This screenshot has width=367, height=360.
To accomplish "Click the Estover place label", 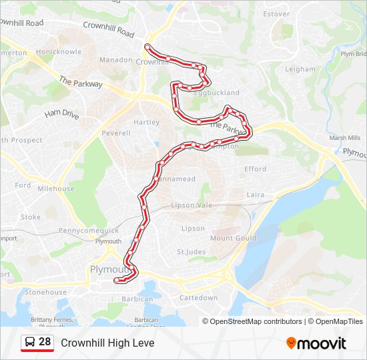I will click(276, 14).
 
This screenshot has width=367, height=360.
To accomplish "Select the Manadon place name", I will click(116, 60).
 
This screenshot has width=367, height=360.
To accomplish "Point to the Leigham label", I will click(300, 69).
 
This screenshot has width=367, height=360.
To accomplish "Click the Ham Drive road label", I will click(62, 115).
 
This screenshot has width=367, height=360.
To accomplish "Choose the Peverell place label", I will click(115, 133).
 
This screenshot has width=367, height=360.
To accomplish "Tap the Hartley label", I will click(146, 123).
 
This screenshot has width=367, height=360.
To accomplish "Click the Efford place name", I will click(255, 169).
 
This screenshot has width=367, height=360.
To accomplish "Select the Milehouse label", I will click(56, 189).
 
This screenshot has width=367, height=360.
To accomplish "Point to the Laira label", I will click(256, 195).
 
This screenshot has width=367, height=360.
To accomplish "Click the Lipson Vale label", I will click(192, 205).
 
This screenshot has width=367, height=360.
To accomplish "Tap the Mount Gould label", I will click(233, 238).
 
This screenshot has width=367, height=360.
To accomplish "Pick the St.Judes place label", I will click(191, 252).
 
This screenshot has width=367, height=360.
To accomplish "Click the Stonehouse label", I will click(45, 292).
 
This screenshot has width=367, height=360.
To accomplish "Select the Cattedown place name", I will click(198, 298).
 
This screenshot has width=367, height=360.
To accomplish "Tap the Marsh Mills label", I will click(344, 139).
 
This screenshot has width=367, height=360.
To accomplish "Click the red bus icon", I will click(29, 343).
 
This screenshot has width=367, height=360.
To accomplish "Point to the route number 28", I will click(45, 342).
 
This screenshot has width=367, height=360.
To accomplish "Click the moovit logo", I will click(316, 343).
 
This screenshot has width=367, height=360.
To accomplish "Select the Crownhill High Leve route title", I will click(107, 343).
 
